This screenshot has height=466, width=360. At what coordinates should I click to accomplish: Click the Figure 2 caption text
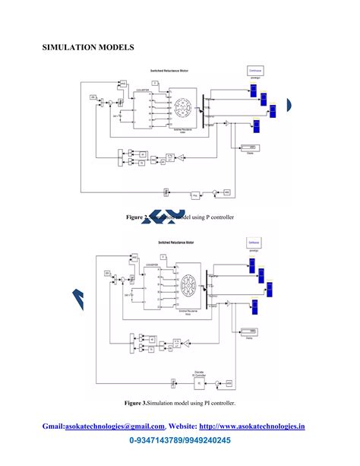tap(180, 217)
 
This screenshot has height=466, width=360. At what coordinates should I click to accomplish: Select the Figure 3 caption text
tap(180, 402)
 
